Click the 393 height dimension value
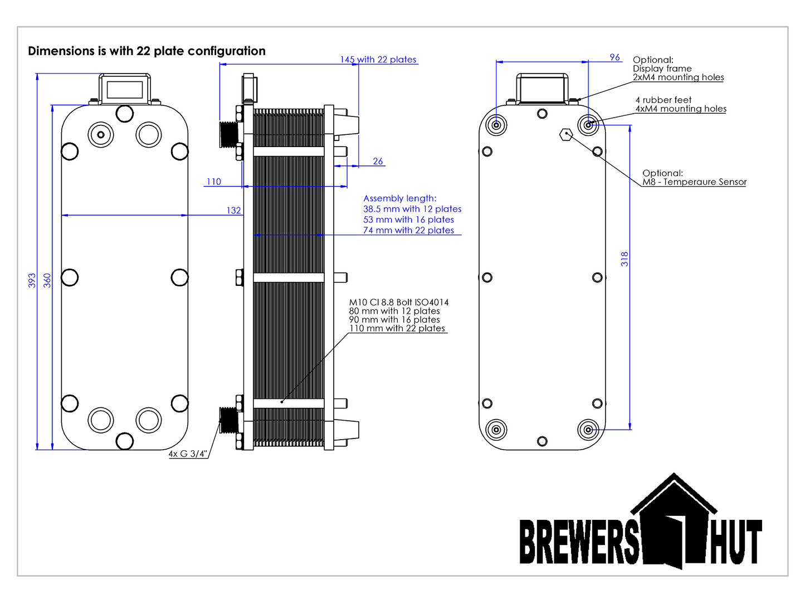click(32, 280)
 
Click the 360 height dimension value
click(47, 280)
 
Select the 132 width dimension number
click(234, 211)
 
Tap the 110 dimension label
click(214, 182)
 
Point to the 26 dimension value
click(378, 161)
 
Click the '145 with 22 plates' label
click(378, 60)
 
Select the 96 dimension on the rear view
click(614, 57)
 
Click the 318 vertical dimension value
click(625, 259)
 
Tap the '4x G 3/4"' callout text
click(188, 454)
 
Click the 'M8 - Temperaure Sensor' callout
click(694, 182)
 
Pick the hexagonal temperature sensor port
click(566, 134)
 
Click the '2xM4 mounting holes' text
click(678, 77)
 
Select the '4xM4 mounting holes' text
click(681, 109)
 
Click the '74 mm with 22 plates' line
click(408, 230)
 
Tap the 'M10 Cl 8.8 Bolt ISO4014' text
click(399, 303)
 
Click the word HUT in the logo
click(735, 542)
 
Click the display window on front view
click(124, 89)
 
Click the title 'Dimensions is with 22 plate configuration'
click(147, 51)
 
